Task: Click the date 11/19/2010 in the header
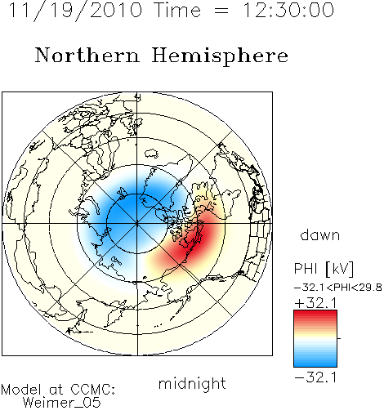click(76, 11)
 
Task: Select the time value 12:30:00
click(288, 10)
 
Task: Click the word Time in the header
click(177, 10)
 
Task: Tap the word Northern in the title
click(87, 55)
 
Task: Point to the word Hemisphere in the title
click(220, 56)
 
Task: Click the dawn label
click(320, 234)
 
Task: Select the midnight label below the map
click(192, 383)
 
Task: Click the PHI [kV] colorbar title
click(324, 269)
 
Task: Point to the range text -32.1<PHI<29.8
click(338, 288)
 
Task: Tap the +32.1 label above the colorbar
click(315, 303)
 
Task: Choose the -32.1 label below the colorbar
click(315, 377)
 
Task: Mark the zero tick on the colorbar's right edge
click(339, 338)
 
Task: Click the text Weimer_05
click(62, 403)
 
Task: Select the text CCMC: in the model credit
click(93, 390)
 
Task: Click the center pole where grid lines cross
click(137, 223)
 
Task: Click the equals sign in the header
click(221, 11)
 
